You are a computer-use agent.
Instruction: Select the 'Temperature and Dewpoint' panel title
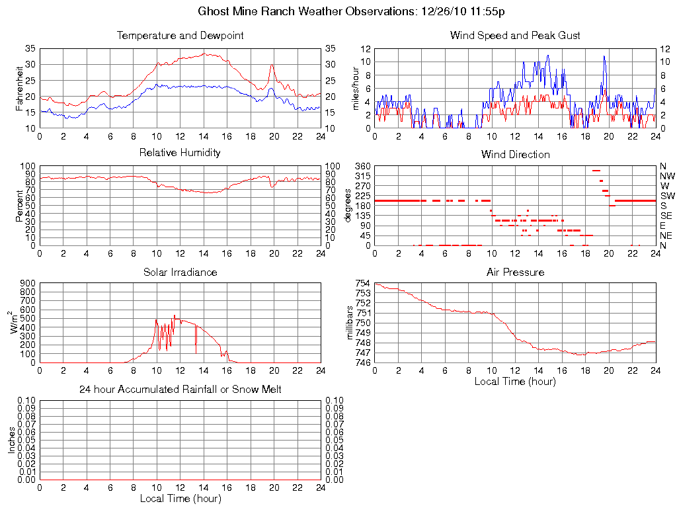pos(180,35)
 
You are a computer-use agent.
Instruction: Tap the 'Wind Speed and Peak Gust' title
pos(515,35)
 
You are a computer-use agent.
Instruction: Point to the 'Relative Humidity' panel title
pos(180,153)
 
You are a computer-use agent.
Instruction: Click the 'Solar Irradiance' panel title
pos(180,272)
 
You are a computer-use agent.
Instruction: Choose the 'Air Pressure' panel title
pos(515,272)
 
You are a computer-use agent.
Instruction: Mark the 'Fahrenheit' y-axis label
pos(19,88)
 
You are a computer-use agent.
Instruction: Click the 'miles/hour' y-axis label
pos(354,88)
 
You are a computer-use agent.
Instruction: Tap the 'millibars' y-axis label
pos(351,323)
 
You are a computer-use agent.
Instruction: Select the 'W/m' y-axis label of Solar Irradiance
pos(15,323)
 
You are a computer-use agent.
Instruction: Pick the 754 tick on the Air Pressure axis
pos(362,283)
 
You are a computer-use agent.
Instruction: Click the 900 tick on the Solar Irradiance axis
pos(27,283)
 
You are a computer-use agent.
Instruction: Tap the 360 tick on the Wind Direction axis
pos(362,165)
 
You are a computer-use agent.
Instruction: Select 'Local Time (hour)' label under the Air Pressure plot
pos(515,381)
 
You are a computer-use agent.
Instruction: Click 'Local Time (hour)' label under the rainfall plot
pos(180,498)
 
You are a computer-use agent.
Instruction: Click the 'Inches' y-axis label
pos(12,440)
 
